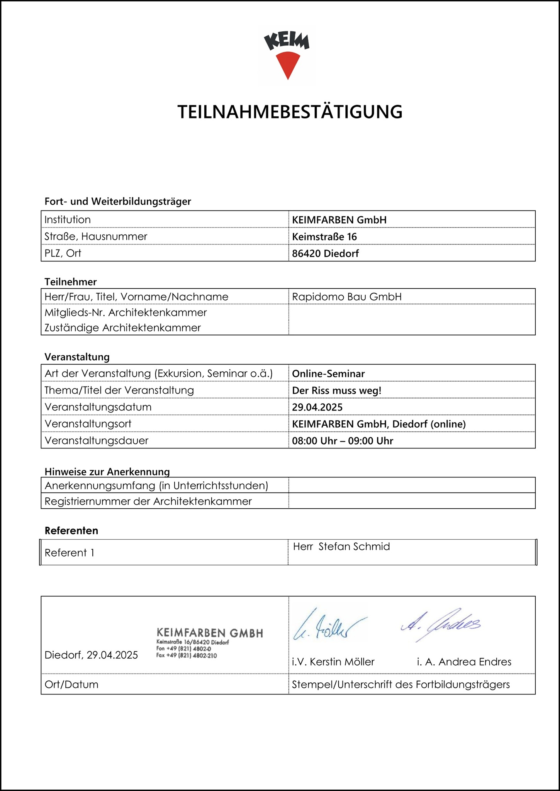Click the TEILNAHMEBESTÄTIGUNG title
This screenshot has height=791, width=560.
coord(290,112)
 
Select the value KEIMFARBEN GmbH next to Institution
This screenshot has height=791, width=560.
coord(339,220)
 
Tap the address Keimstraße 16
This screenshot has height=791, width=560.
coord(324,237)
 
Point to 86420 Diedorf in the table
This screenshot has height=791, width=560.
coord(325,254)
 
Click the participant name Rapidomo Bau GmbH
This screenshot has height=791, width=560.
coord(346,297)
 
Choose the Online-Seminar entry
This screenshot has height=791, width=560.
coord(328,374)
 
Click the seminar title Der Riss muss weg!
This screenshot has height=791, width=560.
coord(336,390)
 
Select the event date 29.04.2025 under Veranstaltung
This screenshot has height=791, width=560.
coord(317,407)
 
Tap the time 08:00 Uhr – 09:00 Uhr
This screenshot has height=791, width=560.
coord(342,441)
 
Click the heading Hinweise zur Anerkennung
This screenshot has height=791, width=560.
coord(107,472)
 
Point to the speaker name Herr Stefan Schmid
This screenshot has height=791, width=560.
coord(341,547)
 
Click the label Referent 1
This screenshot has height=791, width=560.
coord(70,553)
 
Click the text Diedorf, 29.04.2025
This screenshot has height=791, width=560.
coord(91,655)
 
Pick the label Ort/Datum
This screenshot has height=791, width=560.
coord(71,684)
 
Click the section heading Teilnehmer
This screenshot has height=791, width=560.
coord(71,282)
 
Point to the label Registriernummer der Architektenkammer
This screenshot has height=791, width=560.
coord(148,501)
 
